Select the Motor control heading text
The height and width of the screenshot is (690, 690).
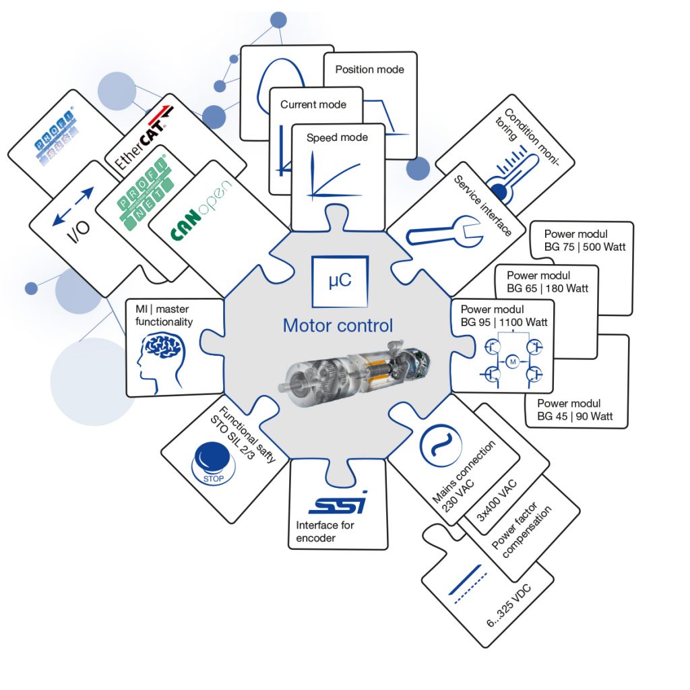click(x=338, y=325)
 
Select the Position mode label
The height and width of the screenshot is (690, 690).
click(x=369, y=69)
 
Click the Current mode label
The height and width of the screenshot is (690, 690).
click(x=313, y=104)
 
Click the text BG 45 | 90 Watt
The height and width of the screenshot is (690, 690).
click(x=575, y=416)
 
